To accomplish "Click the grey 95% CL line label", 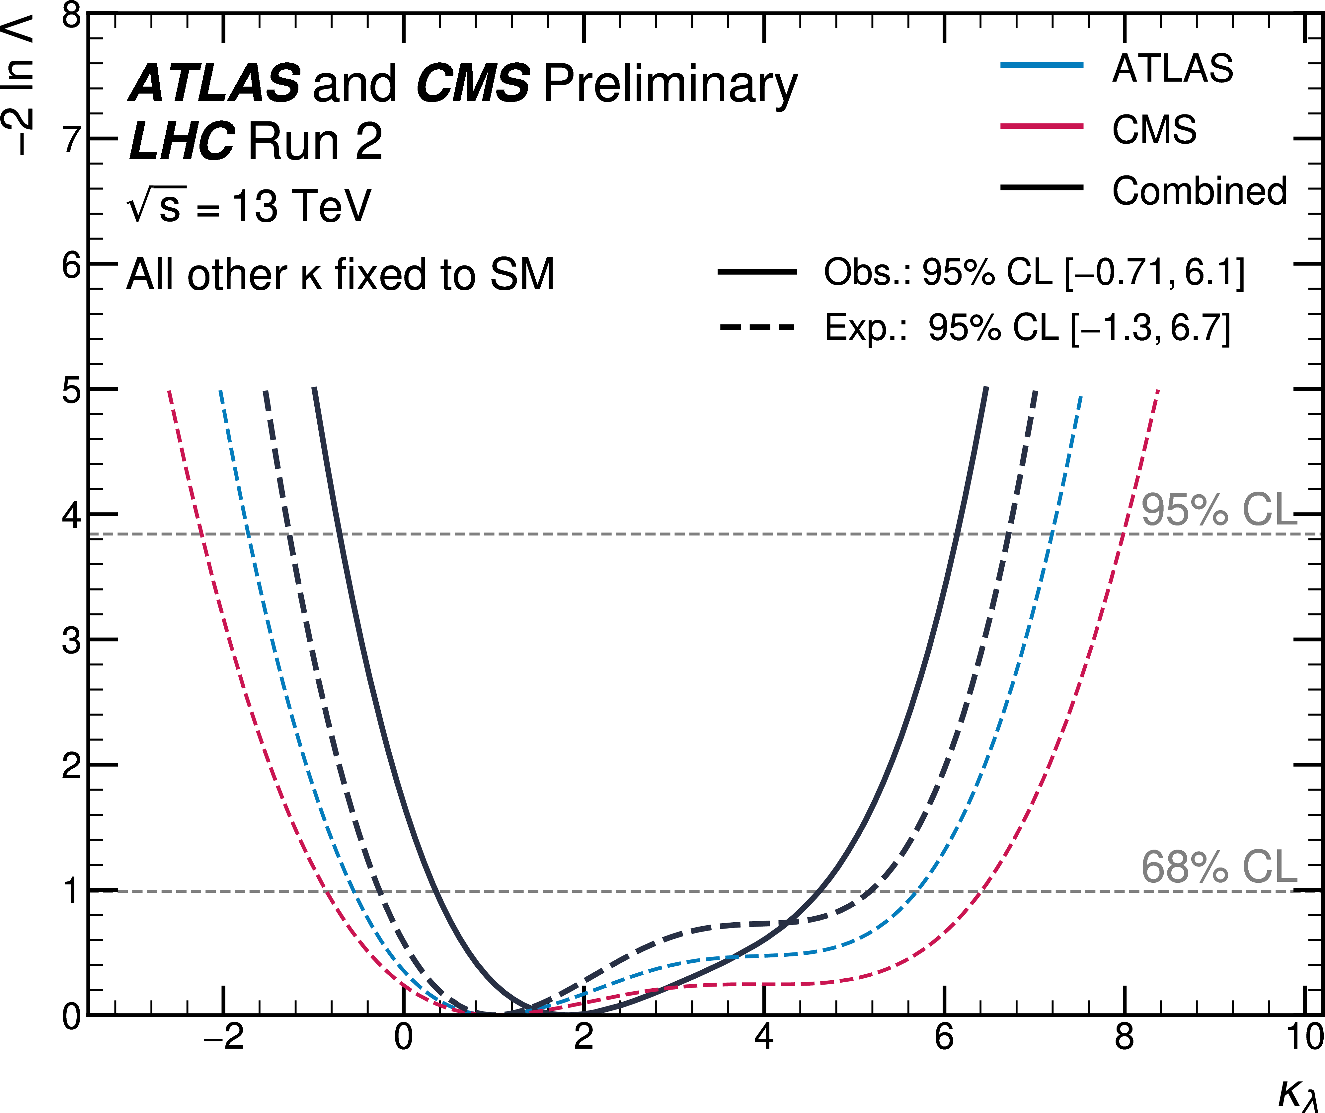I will (x=1218, y=510).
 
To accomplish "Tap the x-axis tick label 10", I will (x=1303, y=1037).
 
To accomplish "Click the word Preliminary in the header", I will (x=670, y=84).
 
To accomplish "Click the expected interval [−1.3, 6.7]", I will (x=1151, y=327).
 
